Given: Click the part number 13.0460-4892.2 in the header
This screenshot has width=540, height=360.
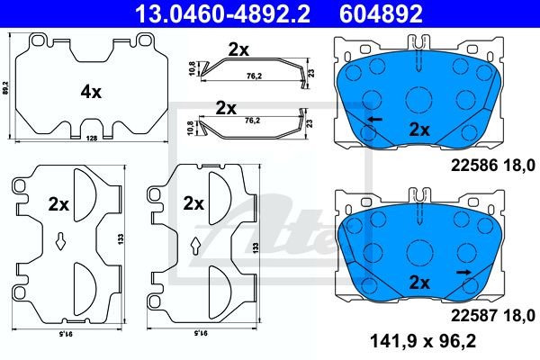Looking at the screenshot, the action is coord(222,13).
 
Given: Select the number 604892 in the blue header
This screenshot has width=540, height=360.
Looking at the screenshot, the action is coord(381,13).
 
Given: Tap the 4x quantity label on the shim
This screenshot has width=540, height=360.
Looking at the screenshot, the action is coord(91,92).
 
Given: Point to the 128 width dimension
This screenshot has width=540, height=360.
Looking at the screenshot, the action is coord(92,138).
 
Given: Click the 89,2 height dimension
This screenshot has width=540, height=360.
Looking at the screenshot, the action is coord(4,87).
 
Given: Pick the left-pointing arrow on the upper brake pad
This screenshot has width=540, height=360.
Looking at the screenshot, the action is coord(374,120).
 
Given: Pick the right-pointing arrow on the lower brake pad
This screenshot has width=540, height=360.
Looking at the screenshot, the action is coord(463,273).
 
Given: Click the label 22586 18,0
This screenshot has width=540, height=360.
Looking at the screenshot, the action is coord(493,166).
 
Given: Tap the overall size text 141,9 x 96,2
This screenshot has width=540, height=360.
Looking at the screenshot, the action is coord(423,341).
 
